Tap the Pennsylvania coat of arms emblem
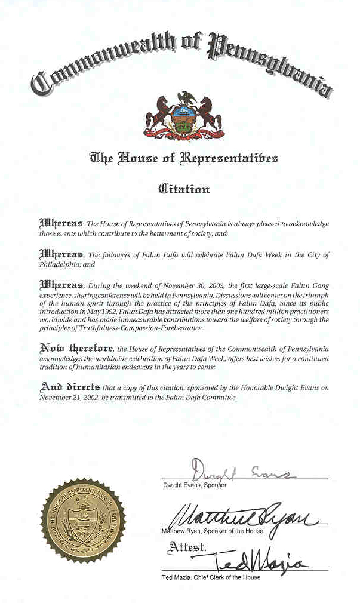coord(183,116)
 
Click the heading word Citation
coord(183,189)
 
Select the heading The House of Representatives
coord(183,158)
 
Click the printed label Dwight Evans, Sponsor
coord(194,485)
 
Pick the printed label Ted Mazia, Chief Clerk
coord(211,577)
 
